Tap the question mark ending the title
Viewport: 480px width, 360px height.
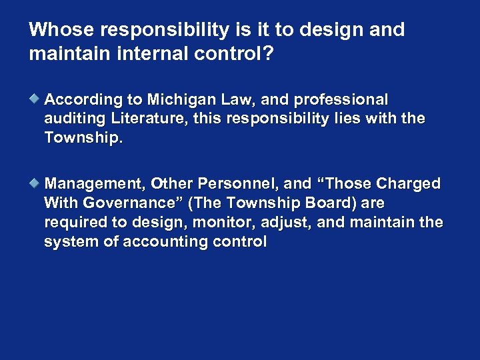pyautogui.click(x=268, y=53)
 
